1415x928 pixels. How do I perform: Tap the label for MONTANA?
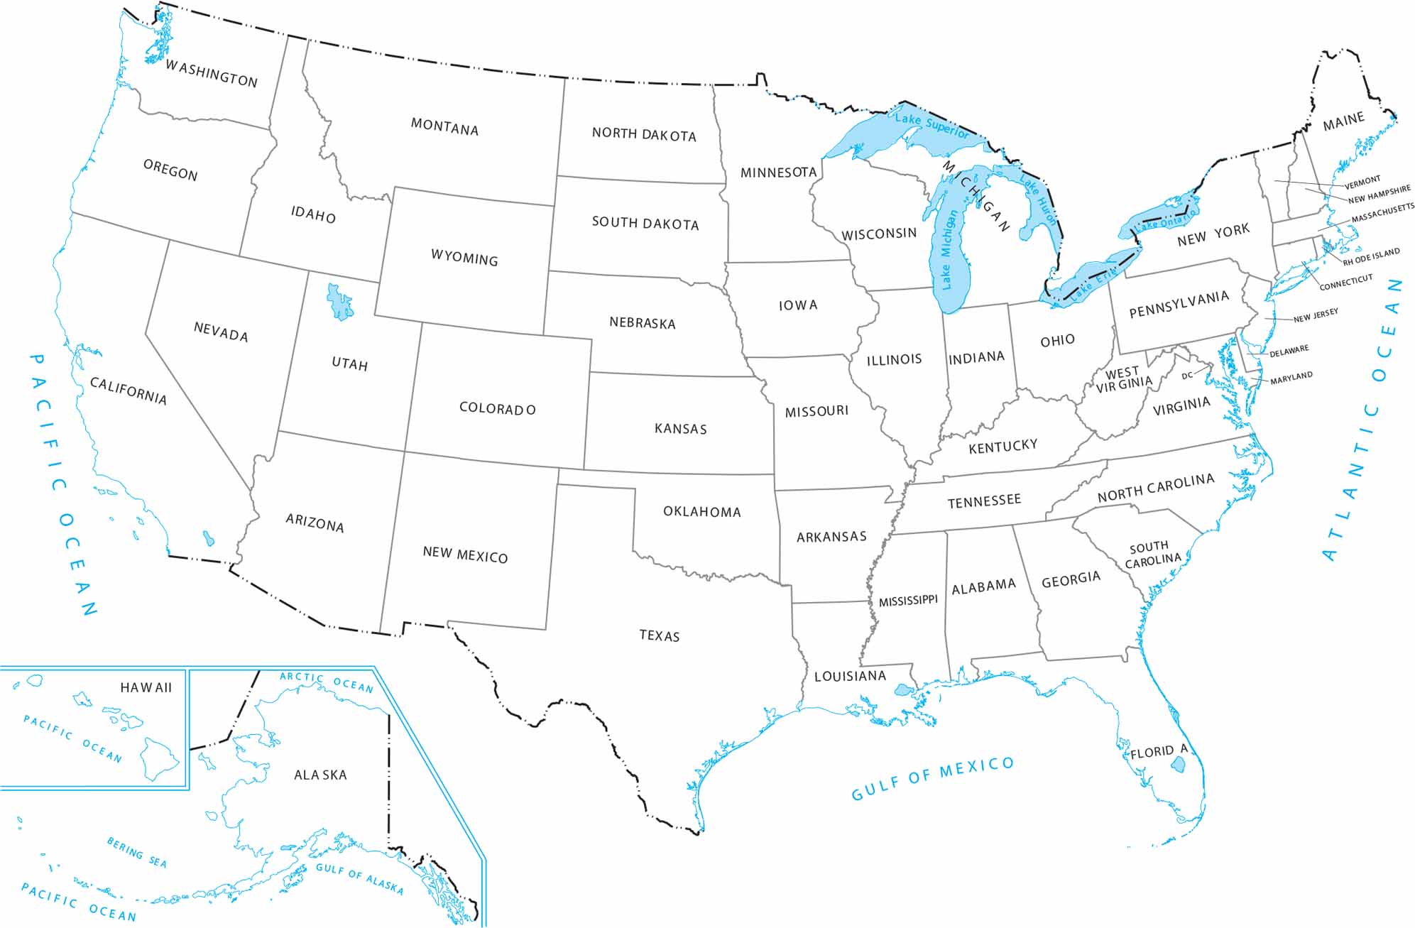coord(444,128)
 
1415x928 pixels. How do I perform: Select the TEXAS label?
coord(660,635)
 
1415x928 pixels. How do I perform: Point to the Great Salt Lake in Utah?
coord(340,302)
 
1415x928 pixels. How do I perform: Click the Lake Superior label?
coord(932,126)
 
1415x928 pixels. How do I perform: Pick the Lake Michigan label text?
coord(949,249)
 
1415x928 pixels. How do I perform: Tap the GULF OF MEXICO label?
coord(933,778)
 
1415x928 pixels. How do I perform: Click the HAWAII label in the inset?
coord(146,687)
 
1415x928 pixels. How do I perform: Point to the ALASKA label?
coord(321,775)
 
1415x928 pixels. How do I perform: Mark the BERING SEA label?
coord(137,852)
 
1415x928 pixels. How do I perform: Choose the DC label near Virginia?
coord(1187,376)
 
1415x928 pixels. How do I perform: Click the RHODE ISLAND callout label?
coord(1371,257)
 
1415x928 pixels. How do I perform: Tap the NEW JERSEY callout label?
coord(1316,315)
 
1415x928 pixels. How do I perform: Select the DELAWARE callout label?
coord(1289,351)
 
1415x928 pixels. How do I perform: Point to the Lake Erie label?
coord(1094,281)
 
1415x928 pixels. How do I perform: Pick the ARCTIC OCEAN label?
coord(326,682)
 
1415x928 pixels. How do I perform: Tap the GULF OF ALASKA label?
coord(359,878)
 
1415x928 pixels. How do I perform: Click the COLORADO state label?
coord(497,409)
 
